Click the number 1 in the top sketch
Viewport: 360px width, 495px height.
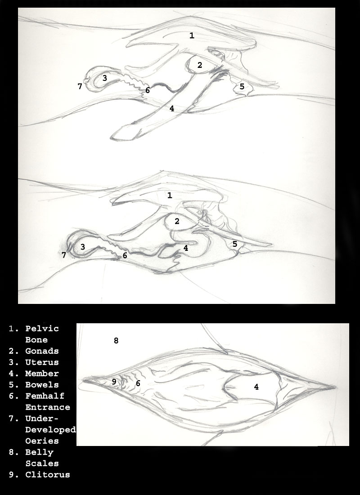(192, 36)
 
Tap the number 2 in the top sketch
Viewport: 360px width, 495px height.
(199, 65)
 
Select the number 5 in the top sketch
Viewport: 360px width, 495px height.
(242, 86)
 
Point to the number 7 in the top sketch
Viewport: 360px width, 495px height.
(80, 86)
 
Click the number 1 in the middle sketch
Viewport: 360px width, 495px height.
(170, 195)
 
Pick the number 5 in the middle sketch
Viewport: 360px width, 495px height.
(235, 244)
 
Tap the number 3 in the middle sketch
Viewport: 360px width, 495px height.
(82, 247)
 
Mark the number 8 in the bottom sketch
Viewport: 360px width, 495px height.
(116, 340)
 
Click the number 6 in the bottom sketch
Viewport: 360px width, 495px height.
(138, 383)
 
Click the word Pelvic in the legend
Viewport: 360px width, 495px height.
(42, 329)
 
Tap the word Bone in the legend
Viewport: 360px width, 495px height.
(36, 340)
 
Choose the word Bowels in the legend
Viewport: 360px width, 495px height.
(42, 385)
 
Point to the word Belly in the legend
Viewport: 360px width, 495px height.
(39, 452)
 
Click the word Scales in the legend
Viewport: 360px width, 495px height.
(42, 464)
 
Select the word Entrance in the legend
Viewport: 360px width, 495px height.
(48, 407)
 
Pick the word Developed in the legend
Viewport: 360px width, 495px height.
(50, 430)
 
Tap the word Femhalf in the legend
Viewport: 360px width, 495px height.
(45, 396)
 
